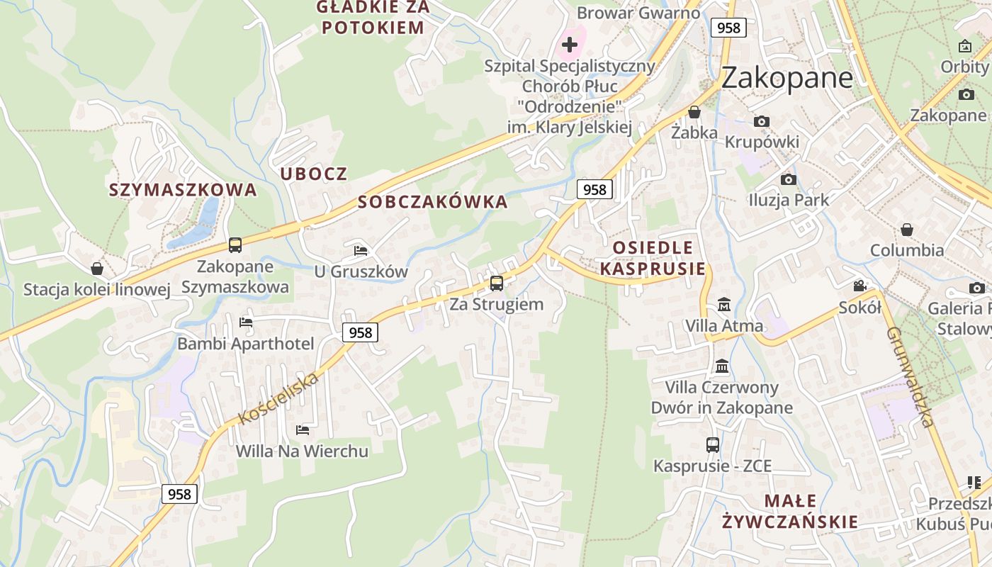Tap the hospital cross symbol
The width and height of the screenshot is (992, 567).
point(570,45)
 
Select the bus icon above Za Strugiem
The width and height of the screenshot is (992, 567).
point(497,283)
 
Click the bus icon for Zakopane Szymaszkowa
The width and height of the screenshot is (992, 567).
point(235,245)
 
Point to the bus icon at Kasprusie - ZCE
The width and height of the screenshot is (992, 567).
point(713,445)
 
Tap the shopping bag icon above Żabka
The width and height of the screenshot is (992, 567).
point(694,112)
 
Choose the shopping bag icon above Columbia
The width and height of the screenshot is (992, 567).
point(907,230)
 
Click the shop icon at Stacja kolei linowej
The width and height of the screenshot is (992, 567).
point(97,269)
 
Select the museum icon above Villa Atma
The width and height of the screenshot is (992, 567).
point(724,305)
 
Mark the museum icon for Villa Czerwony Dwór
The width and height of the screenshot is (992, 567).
point(722,366)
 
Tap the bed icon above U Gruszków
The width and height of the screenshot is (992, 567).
point(361,251)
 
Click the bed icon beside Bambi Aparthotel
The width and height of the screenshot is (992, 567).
point(246,322)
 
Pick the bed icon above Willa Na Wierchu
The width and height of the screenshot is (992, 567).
point(303,430)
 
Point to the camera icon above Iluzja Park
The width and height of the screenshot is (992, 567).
point(788,179)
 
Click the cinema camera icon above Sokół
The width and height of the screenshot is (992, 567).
point(859,286)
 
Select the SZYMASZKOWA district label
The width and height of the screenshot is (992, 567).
point(183,190)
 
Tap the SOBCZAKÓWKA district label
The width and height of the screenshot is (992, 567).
point(433,202)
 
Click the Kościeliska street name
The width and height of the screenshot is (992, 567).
point(279,398)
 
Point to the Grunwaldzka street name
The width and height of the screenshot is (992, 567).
point(909,376)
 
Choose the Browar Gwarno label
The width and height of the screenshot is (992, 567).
point(638,13)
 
